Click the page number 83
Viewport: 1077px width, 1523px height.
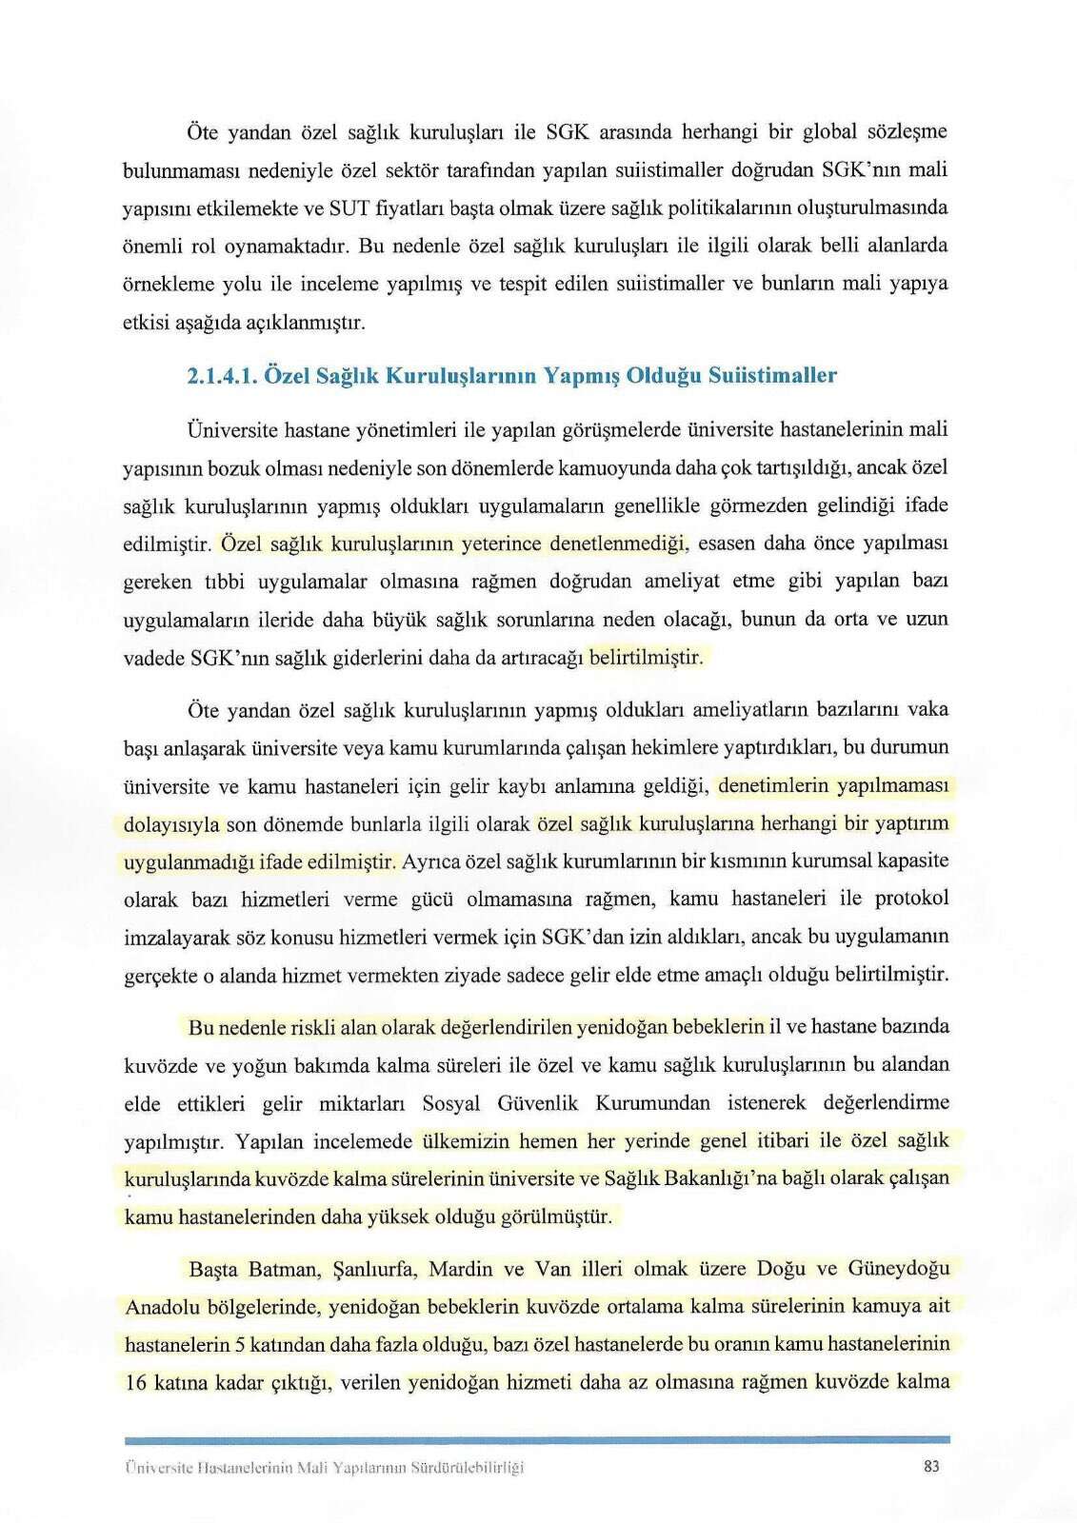[931, 1466]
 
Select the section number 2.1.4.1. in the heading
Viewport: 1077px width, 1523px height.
[222, 375]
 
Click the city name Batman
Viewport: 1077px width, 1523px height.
[283, 1269]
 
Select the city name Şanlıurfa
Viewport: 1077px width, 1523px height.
[375, 1269]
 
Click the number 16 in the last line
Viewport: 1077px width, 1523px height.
[135, 1382]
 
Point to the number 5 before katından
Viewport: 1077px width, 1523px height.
[240, 1344]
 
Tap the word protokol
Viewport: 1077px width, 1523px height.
[910, 899]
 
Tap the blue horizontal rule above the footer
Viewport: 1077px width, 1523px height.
[537, 1440]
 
